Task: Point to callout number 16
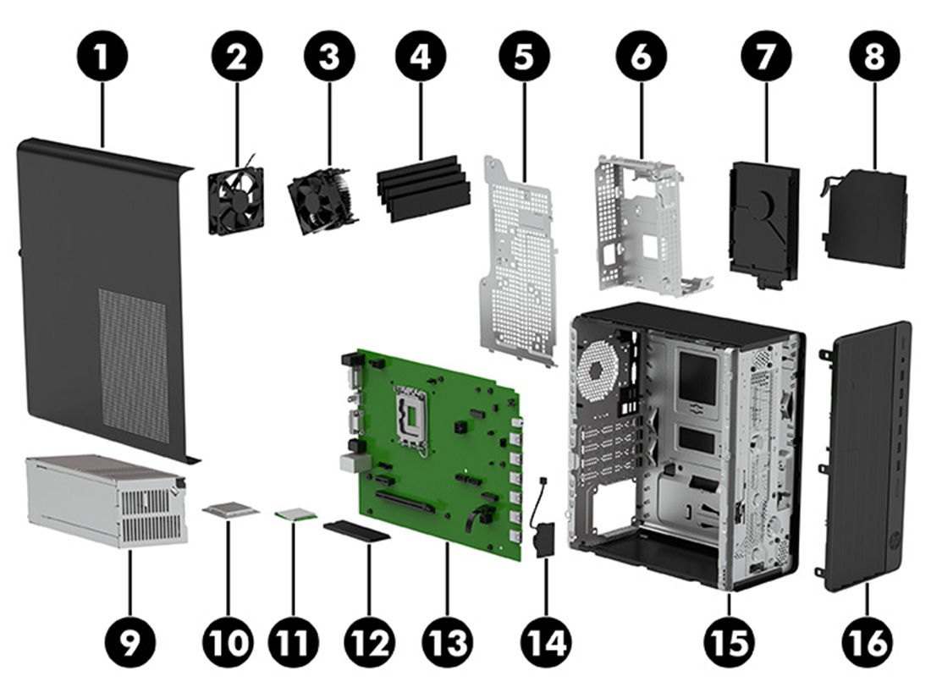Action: (x=868, y=640)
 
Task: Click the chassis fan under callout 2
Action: (x=236, y=199)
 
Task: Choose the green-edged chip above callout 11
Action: (x=296, y=514)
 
